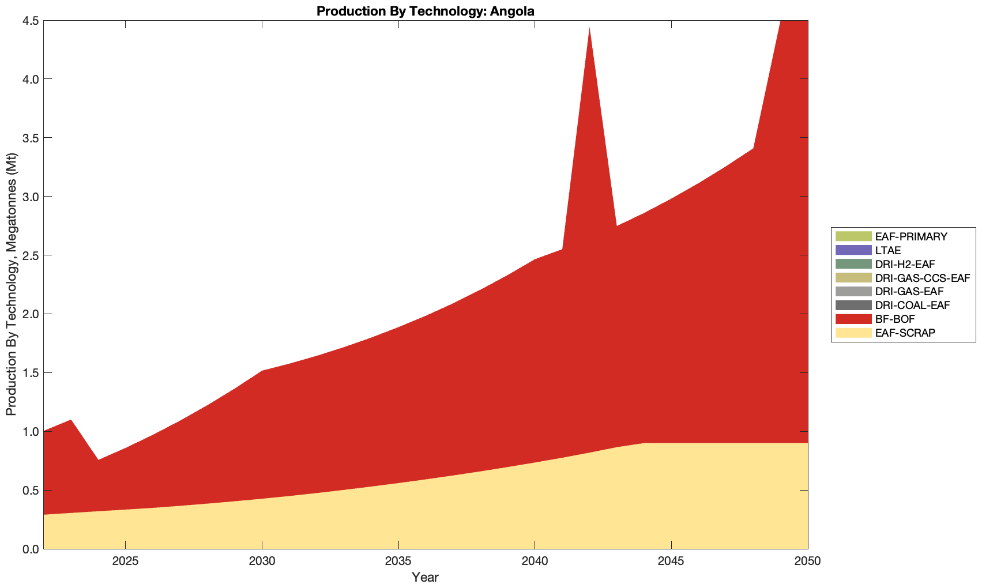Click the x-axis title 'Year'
426,577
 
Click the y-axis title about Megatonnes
12,285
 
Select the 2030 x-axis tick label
262,561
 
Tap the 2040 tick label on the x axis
535,561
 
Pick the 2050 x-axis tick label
807,561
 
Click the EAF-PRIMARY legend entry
910,236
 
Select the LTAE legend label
887,250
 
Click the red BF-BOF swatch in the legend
853,319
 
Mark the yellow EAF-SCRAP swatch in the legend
853,333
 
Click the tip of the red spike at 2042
589,28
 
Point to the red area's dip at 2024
98,459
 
